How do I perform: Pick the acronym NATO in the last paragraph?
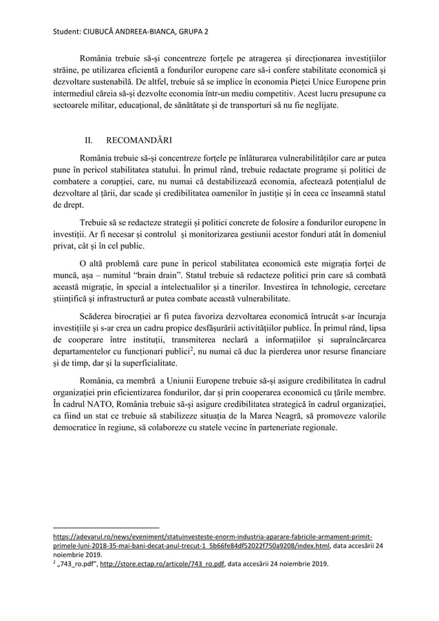(100, 405)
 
